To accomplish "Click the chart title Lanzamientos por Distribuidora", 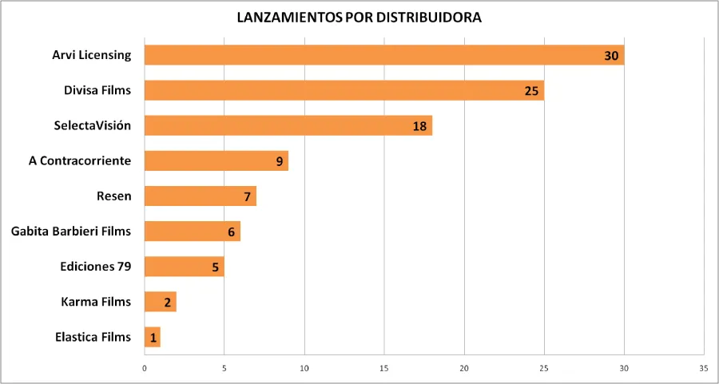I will [359, 18].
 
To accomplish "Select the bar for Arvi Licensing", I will [383, 55].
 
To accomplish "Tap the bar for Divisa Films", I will [344, 90].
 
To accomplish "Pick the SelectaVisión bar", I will [288, 125].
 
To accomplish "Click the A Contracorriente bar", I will [216, 160].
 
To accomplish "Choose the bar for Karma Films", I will [160, 302].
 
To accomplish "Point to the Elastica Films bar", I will [152, 337].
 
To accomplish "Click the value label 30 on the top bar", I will [612, 55].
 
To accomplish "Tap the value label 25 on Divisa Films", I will [532, 90].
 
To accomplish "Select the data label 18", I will [420, 125].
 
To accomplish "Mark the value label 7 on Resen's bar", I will [248, 196].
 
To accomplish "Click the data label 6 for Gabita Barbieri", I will [232, 232].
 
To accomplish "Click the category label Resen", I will [113, 196].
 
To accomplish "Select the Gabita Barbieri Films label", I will [71, 232].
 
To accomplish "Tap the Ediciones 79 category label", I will [96, 267].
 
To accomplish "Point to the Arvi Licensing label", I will [92, 55].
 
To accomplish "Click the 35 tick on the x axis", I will [703, 368].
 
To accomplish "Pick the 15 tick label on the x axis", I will [383, 368].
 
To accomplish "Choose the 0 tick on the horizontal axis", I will [145, 368].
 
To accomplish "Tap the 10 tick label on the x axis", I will [304, 368].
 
